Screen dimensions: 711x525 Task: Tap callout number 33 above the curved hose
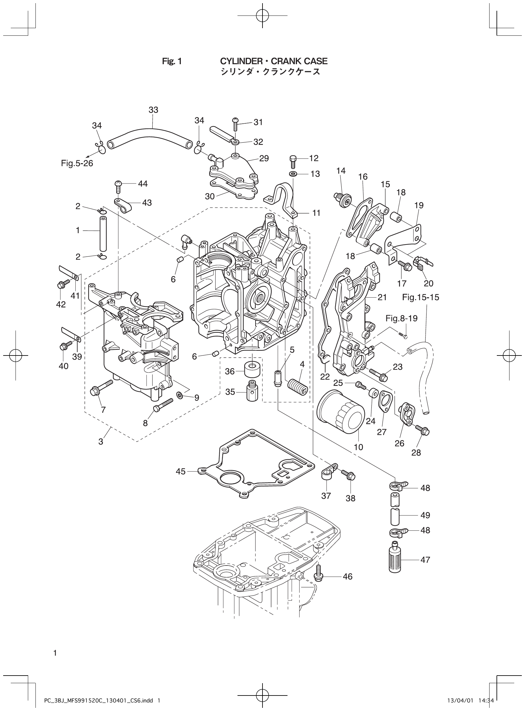(x=153, y=110)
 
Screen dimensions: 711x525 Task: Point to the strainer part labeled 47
(x=395, y=559)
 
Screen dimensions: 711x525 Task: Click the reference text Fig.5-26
(x=77, y=164)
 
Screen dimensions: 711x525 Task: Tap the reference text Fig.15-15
(x=421, y=297)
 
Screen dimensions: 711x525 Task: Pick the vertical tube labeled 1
(x=103, y=233)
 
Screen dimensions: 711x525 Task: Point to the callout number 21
(x=382, y=297)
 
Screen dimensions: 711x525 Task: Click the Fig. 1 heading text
(x=172, y=61)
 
